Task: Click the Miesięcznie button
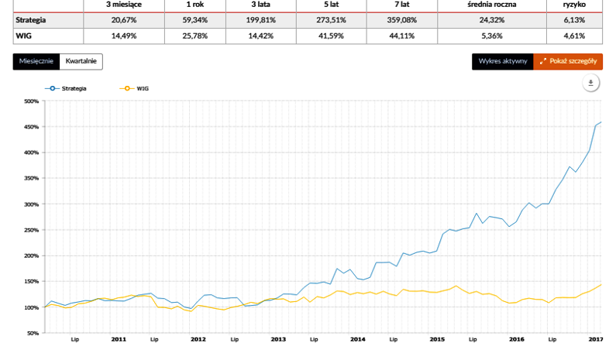point(36,61)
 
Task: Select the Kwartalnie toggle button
point(81,61)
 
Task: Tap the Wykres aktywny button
point(502,61)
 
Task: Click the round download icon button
point(590,83)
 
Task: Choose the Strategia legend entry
point(67,88)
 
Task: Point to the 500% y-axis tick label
point(31,101)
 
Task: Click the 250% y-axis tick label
point(31,230)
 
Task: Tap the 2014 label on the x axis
point(357,339)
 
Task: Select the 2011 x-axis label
point(119,339)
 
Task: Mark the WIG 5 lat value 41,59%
point(332,36)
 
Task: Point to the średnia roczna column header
point(494,5)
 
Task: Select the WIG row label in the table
point(22,36)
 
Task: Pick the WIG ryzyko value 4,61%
point(574,36)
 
